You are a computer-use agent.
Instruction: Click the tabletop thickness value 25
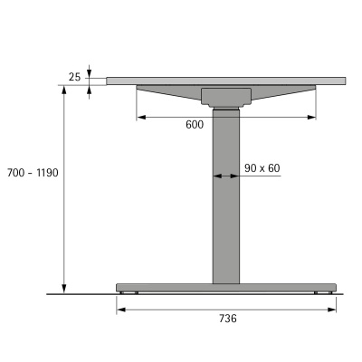pyautogui.click(x=74, y=78)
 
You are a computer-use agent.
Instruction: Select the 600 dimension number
pyautogui.click(x=195, y=125)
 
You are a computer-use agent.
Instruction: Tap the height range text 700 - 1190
pyautogui.click(x=33, y=172)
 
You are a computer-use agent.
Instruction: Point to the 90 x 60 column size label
pyautogui.click(x=262, y=167)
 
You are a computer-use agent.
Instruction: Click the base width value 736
pyautogui.click(x=226, y=319)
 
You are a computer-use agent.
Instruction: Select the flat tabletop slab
pyautogui.click(x=226, y=81)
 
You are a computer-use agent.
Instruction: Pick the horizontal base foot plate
pyautogui.click(x=226, y=288)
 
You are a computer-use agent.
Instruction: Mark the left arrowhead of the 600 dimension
pyautogui.click(x=140, y=116)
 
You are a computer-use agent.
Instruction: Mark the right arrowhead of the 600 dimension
pyautogui.click(x=312, y=116)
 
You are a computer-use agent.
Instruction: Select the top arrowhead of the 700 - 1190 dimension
pyautogui.click(x=65, y=90)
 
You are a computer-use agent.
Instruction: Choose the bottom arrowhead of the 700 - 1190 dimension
pyautogui.click(x=65, y=289)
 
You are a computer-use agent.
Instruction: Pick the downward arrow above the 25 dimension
pyautogui.click(x=89, y=72)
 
